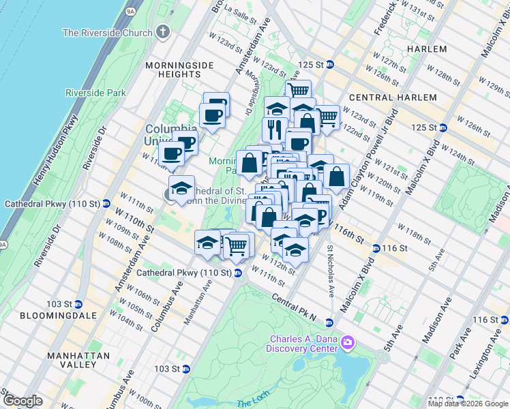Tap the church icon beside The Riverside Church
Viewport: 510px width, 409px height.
pyautogui.click(x=162, y=32)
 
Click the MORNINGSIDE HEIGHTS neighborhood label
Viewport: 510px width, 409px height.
pyautogui.click(x=179, y=70)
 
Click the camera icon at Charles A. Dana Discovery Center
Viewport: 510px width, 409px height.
pyautogui.click(x=348, y=340)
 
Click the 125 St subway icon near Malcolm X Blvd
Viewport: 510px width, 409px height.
pyautogui.click(x=442, y=127)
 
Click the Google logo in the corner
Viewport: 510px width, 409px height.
pyautogui.click(x=22, y=400)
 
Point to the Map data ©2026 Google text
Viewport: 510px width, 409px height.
pyautogui.click(x=468, y=404)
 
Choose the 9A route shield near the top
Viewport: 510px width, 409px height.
pyautogui.click(x=132, y=11)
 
